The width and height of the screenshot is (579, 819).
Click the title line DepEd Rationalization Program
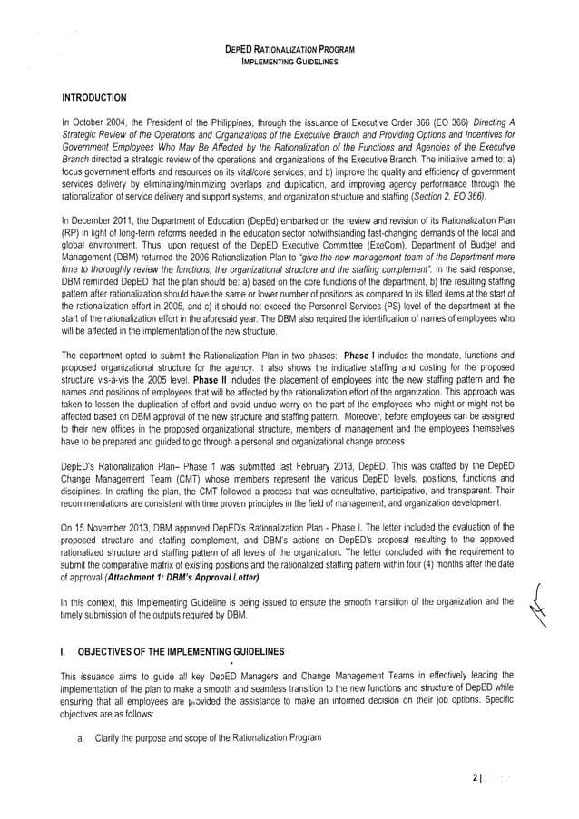[x=289, y=48]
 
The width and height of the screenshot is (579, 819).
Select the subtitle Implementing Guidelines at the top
[x=289, y=62]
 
